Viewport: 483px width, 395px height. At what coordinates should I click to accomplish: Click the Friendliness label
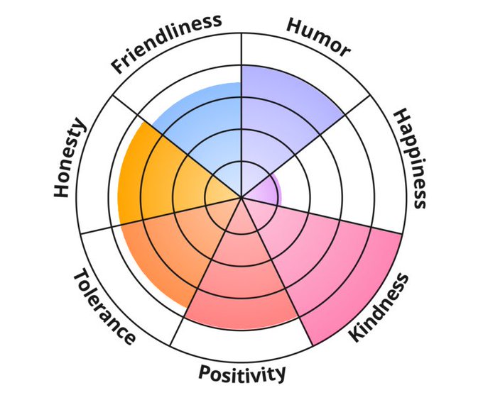coord(166,44)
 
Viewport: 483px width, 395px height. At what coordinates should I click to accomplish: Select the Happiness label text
coord(410,158)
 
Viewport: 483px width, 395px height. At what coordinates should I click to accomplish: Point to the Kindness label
coord(380,306)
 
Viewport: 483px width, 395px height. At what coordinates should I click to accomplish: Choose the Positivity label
coord(242,373)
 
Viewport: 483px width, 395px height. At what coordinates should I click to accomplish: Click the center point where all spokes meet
coord(242,196)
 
